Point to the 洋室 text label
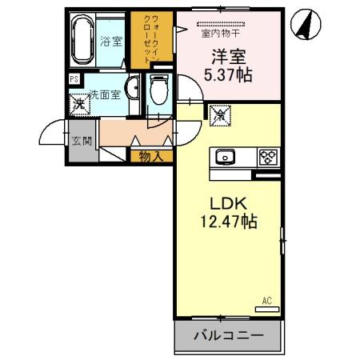[x=227, y=58]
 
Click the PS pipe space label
[x=74, y=79]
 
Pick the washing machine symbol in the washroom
[x=78, y=104]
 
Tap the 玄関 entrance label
[x=82, y=142]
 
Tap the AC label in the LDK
[x=269, y=301]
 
